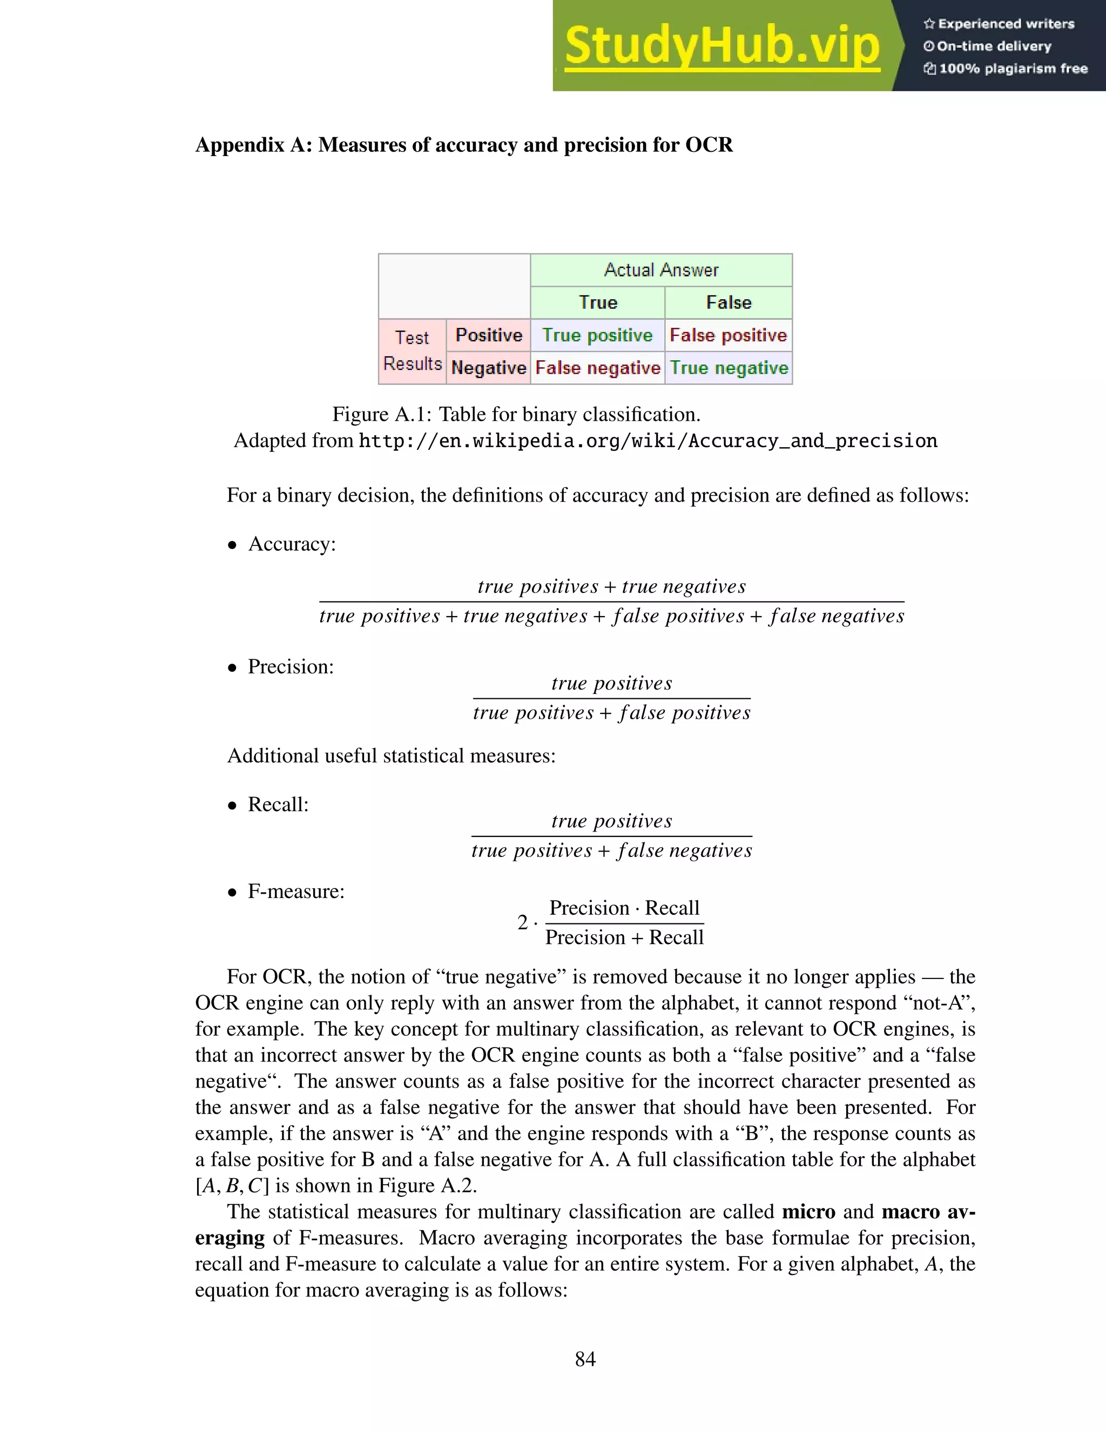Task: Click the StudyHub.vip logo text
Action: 721,46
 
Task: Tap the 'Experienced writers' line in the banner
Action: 999,24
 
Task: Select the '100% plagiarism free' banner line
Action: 1006,69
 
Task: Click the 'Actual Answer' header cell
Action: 660,270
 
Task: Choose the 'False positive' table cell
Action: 728,335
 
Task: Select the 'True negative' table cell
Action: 728,368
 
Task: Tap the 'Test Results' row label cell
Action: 412,351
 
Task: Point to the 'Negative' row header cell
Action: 489,368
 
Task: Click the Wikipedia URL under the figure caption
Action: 648,441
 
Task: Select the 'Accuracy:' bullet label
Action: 292,544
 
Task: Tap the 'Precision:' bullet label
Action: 290,666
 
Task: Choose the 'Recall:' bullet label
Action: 278,804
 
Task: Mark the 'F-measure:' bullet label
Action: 295,891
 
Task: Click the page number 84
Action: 585,1359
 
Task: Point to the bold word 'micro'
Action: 808,1212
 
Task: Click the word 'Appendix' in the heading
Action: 240,145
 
